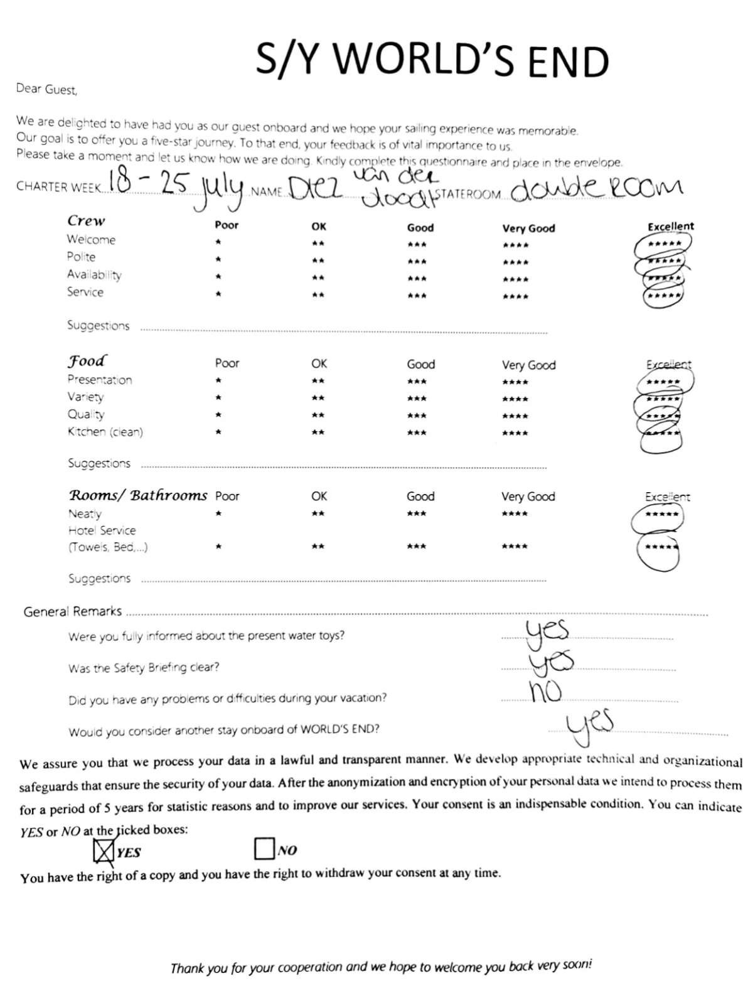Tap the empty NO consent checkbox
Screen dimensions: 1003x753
pyautogui.click(x=264, y=849)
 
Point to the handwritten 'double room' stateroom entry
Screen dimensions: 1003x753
pyautogui.click(x=595, y=188)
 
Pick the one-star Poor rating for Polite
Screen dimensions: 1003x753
pyautogui.click(x=218, y=259)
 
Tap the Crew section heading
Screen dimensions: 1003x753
pyautogui.click(x=86, y=221)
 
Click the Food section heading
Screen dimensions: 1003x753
pyautogui.click(x=87, y=361)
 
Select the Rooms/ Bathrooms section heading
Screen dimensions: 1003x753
pyautogui.click(x=137, y=495)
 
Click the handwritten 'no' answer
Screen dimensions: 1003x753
pyautogui.click(x=545, y=691)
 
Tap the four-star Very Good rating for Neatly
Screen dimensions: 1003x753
pyautogui.click(x=515, y=514)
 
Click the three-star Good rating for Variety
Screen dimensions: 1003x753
pyautogui.click(x=417, y=398)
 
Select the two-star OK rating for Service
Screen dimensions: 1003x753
pyautogui.click(x=318, y=294)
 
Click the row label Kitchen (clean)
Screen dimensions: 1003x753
pyautogui.click(x=105, y=432)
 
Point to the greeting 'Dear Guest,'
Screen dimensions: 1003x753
pyautogui.click(x=46, y=89)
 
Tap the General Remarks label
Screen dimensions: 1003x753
pyautogui.click(x=72, y=611)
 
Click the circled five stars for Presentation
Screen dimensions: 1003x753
pyautogui.click(x=664, y=382)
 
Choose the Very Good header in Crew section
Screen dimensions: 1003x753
pyautogui.click(x=528, y=228)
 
